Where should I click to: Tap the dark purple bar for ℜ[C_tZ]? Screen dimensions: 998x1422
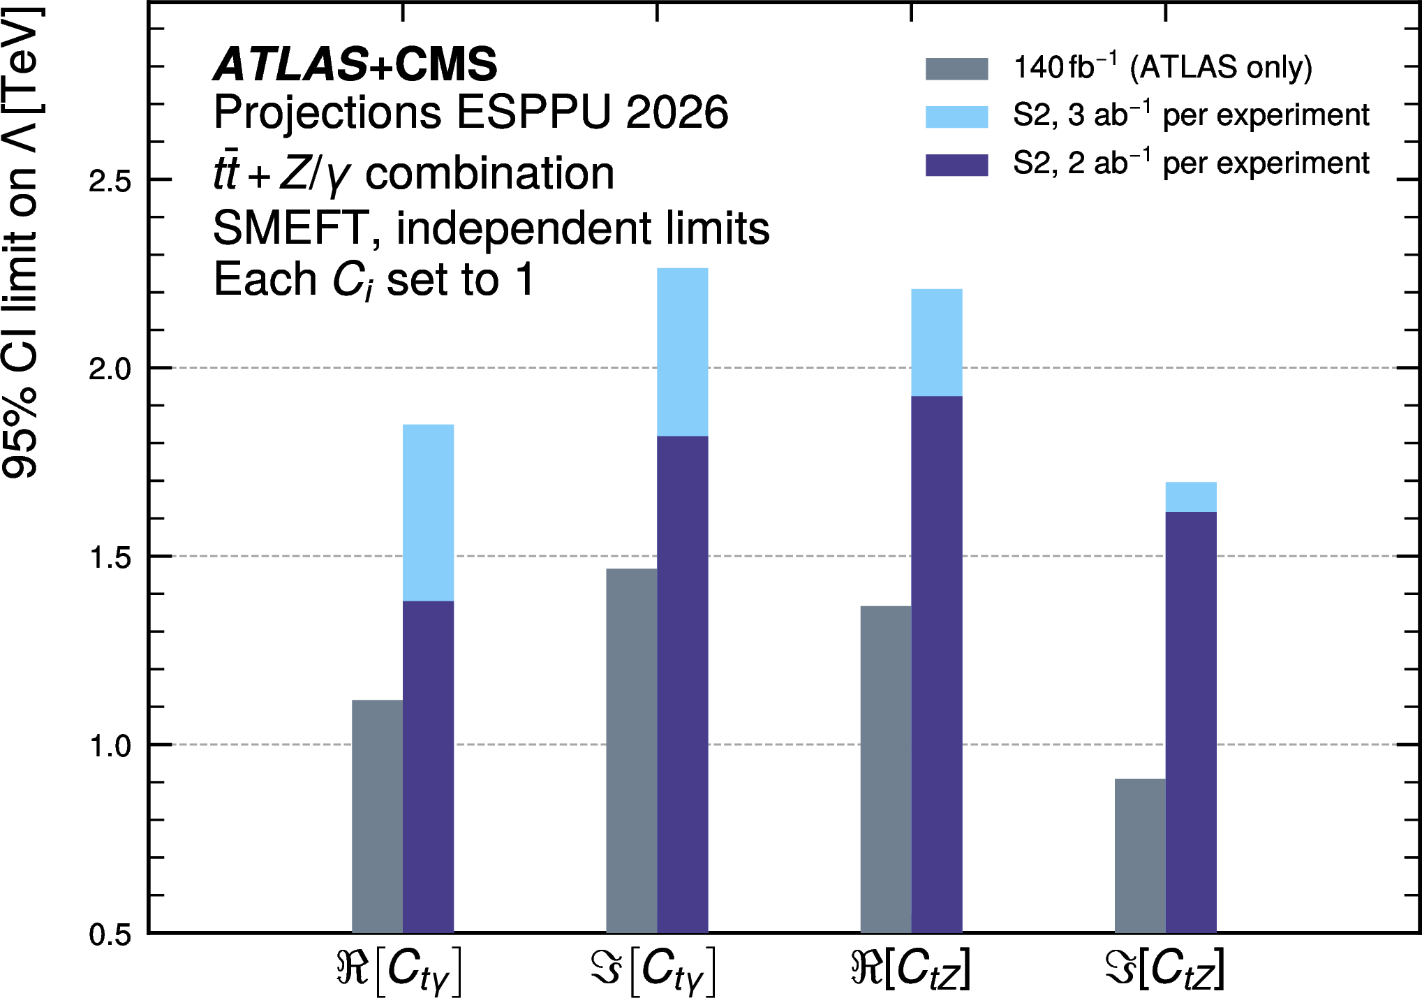[936, 663]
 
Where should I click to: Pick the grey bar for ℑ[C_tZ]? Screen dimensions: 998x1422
[1139, 855]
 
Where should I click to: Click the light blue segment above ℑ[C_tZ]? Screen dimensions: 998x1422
[1190, 497]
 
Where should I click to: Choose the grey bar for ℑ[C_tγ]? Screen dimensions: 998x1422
[631, 750]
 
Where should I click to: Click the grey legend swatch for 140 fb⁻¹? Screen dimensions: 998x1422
[956, 68]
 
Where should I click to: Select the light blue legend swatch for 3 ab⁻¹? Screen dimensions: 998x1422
[956, 117]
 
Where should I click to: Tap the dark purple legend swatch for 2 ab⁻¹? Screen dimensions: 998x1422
[956, 165]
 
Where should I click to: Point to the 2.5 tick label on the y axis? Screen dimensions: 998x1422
[110, 181]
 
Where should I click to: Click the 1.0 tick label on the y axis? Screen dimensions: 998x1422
[110, 746]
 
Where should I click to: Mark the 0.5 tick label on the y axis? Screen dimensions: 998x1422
[110, 934]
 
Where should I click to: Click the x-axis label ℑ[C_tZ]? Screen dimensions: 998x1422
[1164, 969]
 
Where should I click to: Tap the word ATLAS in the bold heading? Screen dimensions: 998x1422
[290, 64]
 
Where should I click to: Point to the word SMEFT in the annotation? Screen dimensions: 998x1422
[290, 228]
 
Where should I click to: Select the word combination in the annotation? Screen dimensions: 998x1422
[489, 173]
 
